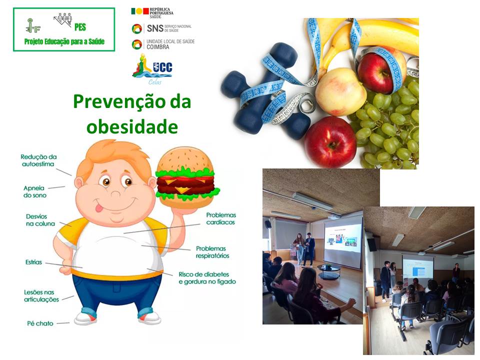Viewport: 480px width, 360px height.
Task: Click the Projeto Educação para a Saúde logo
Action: point(64,29)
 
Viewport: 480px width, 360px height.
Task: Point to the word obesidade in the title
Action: point(132,126)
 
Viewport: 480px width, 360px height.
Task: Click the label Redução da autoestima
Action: point(38,160)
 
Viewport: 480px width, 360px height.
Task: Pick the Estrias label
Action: point(33,261)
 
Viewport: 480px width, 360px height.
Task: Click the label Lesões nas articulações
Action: point(41,295)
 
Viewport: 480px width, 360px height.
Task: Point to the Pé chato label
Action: point(39,323)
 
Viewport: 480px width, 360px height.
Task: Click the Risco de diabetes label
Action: point(207,277)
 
